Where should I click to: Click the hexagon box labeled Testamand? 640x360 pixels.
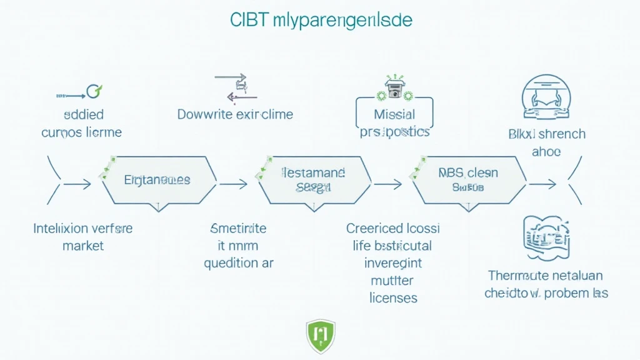(314, 179)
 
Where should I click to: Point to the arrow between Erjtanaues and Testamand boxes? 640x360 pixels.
(234, 184)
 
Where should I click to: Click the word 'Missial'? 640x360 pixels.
(394, 115)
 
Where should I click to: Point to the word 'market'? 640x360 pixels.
(83, 246)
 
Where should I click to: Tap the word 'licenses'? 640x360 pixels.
(393, 297)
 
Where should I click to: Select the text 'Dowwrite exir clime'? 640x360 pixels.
(235, 114)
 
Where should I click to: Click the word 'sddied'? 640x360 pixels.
(84, 115)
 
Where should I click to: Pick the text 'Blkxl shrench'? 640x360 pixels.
(546, 134)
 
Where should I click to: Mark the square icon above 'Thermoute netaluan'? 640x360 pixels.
(546, 237)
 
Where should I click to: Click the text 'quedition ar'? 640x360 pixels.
(239, 263)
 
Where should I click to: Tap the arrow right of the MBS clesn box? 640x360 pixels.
(542, 184)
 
